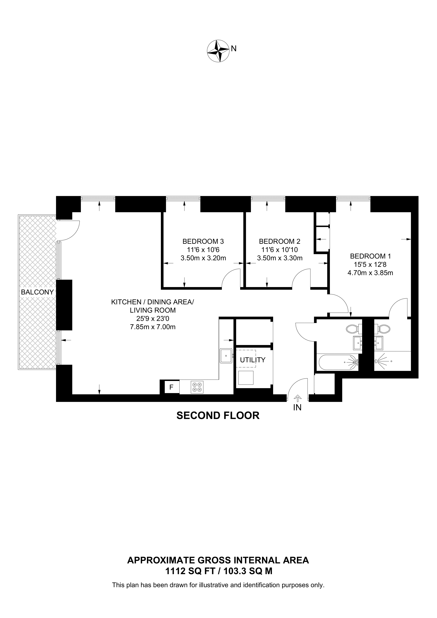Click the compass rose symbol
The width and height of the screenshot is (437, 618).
click(218, 51)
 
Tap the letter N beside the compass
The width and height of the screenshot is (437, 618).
click(234, 48)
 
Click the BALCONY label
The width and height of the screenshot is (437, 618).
click(37, 292)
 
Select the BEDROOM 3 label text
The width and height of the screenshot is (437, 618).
click(203, 241)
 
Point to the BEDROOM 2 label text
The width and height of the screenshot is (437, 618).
click(279, 241)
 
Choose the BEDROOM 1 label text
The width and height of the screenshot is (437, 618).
click(370, 256)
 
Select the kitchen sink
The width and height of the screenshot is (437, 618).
click(226, 356)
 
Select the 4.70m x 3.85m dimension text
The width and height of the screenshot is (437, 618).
click(370, 273)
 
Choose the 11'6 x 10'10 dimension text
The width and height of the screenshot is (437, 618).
click(279, 250)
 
